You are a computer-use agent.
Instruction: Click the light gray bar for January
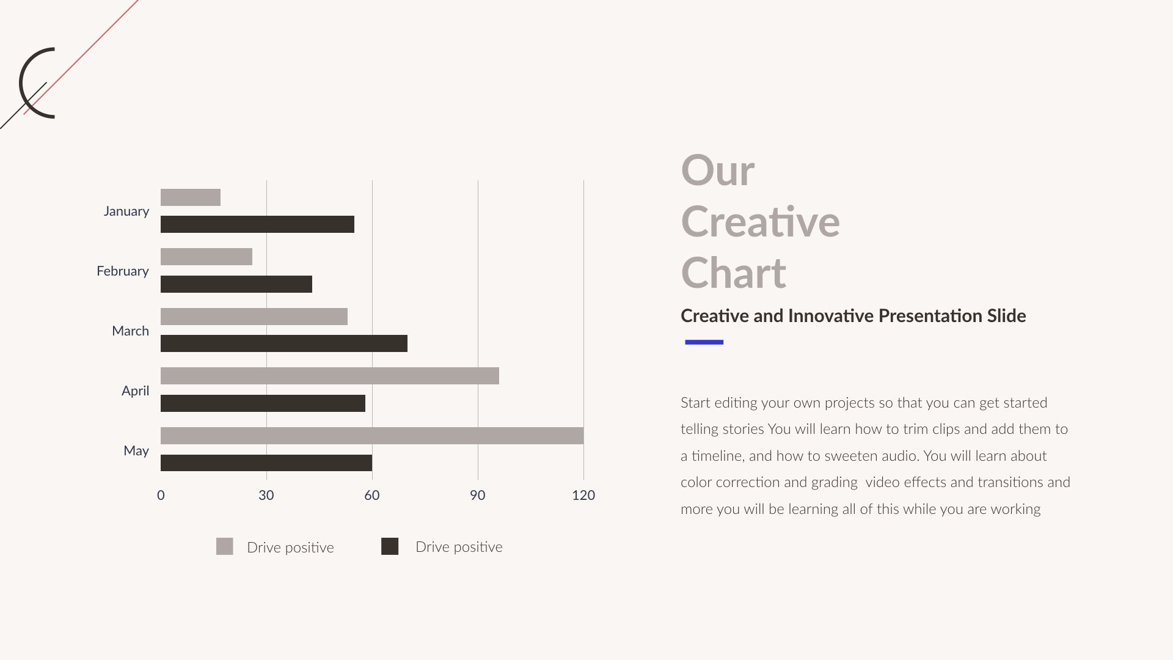(x=190, y=197)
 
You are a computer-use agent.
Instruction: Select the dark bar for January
(x=257, y=224)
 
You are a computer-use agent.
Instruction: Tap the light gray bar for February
(x=206, y=257)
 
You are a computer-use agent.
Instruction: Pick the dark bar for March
(x=283, y=343)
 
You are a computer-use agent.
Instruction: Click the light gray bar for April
(x=329, y=376)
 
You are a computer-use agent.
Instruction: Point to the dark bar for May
(x=266, y=463)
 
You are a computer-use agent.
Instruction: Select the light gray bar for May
(x=371, y=436)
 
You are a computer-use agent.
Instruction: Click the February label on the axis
(x=122, y=271)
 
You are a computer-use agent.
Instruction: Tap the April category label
(x=135, y=391)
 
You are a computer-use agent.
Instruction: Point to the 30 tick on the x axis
(x=266, y=495)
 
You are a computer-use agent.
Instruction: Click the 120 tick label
(x=583, y=495)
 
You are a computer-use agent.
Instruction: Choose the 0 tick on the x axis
(x=161, y=495)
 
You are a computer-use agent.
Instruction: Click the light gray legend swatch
(x=224, y=546)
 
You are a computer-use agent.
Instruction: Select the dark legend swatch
(x=390, y=546)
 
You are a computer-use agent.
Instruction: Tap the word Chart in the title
(x=733, y=273)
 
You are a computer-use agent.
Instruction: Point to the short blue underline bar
(x=704, y=342)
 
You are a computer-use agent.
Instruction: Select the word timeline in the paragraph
(x=717, y=456)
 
